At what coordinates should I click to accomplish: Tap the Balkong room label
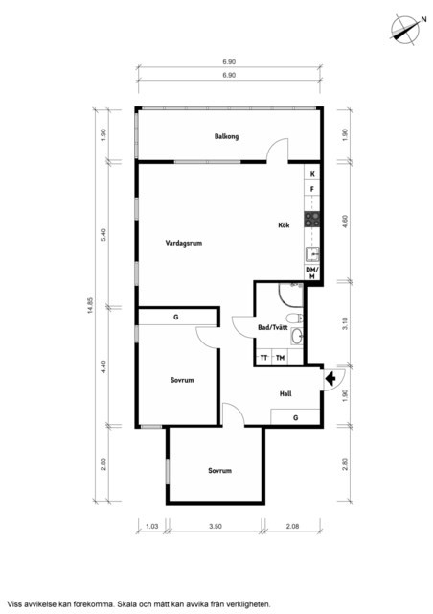point(226,136)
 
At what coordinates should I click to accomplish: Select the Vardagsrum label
point(183,243)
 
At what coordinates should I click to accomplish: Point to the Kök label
point(284,225)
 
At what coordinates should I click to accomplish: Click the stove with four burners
point(312,220)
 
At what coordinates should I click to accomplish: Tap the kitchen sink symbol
point(312,255)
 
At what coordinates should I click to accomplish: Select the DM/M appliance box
point(312,272)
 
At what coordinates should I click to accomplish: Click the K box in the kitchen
point(312,174)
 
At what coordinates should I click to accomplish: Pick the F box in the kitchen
point(312,190)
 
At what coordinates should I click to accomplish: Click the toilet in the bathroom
point(294,318)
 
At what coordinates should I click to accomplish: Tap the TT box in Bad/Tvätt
point(263,358)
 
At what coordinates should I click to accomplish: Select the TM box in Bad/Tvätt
point(280,358)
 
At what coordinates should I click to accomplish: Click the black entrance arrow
point(330,379)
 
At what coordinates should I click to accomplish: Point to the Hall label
point(285,394)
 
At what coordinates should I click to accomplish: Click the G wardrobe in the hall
point(295,417)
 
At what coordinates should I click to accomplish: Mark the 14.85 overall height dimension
point(91,305)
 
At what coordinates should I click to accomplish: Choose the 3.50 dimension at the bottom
point(216,527)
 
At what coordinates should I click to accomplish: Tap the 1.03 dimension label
point(151,527)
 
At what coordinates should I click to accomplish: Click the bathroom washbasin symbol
point(297,336)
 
